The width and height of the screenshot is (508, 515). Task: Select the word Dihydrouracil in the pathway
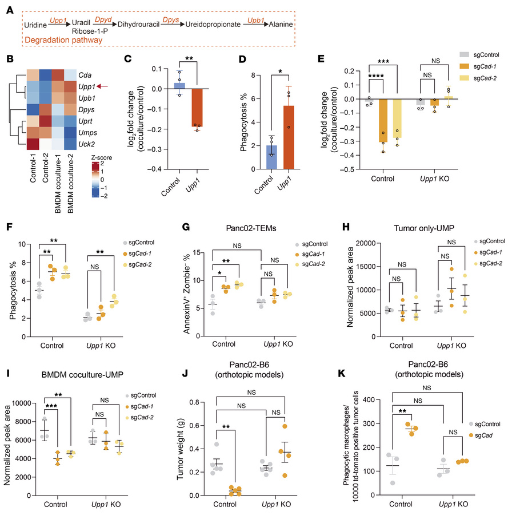click(x=142, y=25)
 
